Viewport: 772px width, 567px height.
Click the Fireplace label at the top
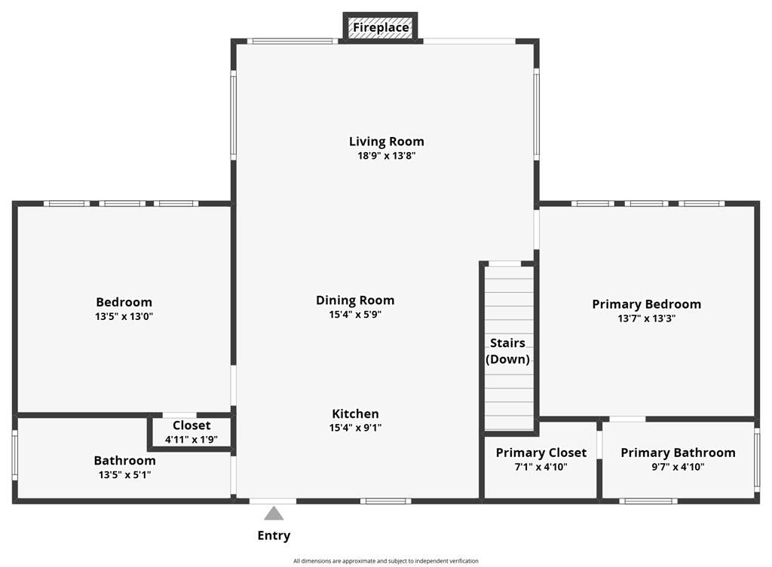pyautogui.click(x=381, y=28)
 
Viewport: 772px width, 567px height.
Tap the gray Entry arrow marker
pyautogui.click(x=274, y=514)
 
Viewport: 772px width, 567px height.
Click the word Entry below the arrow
pyautogui.click(x=274, y=536)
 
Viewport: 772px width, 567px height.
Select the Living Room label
pyautogui.click(x=386, y=142)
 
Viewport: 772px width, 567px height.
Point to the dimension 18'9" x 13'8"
pyautogui.click(x=386, y=156)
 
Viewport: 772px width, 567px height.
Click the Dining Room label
pyautogui.click(x=355, y=300)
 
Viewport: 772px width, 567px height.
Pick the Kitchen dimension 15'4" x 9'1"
pyautogui.click(x=355, y=428)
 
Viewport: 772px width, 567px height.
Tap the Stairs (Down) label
pyautogui.click(x=507, y=351)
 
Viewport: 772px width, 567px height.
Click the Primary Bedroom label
pyautogui.click(x=646, y=304)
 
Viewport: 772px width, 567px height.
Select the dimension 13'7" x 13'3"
pyautogui.click(x=646, y=319)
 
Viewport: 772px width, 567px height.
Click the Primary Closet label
pyautogui.click(x=541, y=453)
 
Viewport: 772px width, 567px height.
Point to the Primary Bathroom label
pyautogui.click(x=678, y=453)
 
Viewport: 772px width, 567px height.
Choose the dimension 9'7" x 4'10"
pyautogui.click(x=678, y=467)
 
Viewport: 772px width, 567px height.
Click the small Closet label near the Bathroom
pyautogui.click(x=191, y=425)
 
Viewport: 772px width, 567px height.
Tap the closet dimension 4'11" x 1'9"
pyautogui.click(x=191, y=439)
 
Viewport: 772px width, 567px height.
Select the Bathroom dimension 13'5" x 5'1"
pyautogui.click(x=124, y=474)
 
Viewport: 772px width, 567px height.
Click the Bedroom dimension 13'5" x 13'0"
pyautogui.click(x=124, y=316)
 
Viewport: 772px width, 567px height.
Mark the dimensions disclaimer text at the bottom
pyautogui.click(x=386, y=561)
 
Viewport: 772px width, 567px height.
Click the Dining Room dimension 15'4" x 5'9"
pyautogui.click(x=355, y=315)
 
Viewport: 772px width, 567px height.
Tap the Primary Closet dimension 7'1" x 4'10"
pyautogui.click(x=541, y=467)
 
